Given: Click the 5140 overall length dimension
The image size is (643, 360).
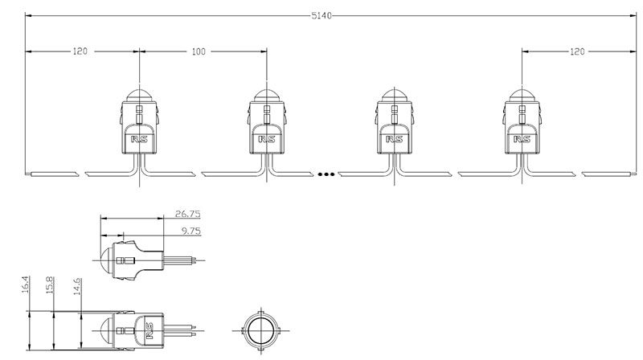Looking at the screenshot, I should (321, 15).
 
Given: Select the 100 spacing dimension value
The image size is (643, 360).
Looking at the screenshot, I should (199, 51).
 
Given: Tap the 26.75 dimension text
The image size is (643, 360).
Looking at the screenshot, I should (188, 215).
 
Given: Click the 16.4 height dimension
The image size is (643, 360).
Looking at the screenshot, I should (27, 286).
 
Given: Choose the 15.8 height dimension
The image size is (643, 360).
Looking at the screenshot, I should (50, 286).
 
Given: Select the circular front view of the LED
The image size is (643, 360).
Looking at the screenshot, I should (261, 331).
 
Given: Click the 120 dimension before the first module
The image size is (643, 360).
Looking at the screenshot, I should (80, 51).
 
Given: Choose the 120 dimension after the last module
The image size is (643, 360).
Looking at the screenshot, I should (577, 51).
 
